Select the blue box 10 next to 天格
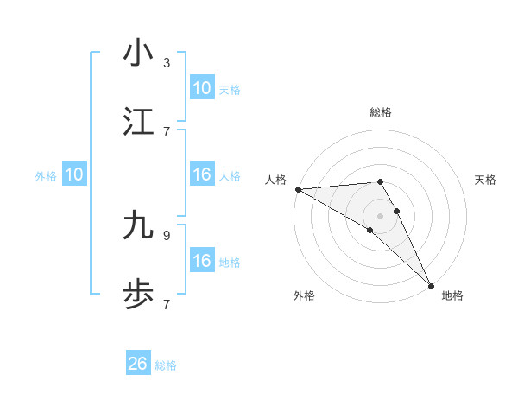coord(202,88)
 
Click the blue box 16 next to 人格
coord(202,175)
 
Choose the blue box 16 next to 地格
coord(202,261)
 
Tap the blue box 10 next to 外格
coord(74,175)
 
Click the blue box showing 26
coord(138,364)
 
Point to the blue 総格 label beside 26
coord(166,365)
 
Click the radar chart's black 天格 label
coord(486,180)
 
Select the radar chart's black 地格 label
coord(452,295)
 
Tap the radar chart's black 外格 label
coord(304,295)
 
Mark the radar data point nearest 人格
coord(298,189)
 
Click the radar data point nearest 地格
coord(431,284)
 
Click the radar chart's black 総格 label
coord(381,112)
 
